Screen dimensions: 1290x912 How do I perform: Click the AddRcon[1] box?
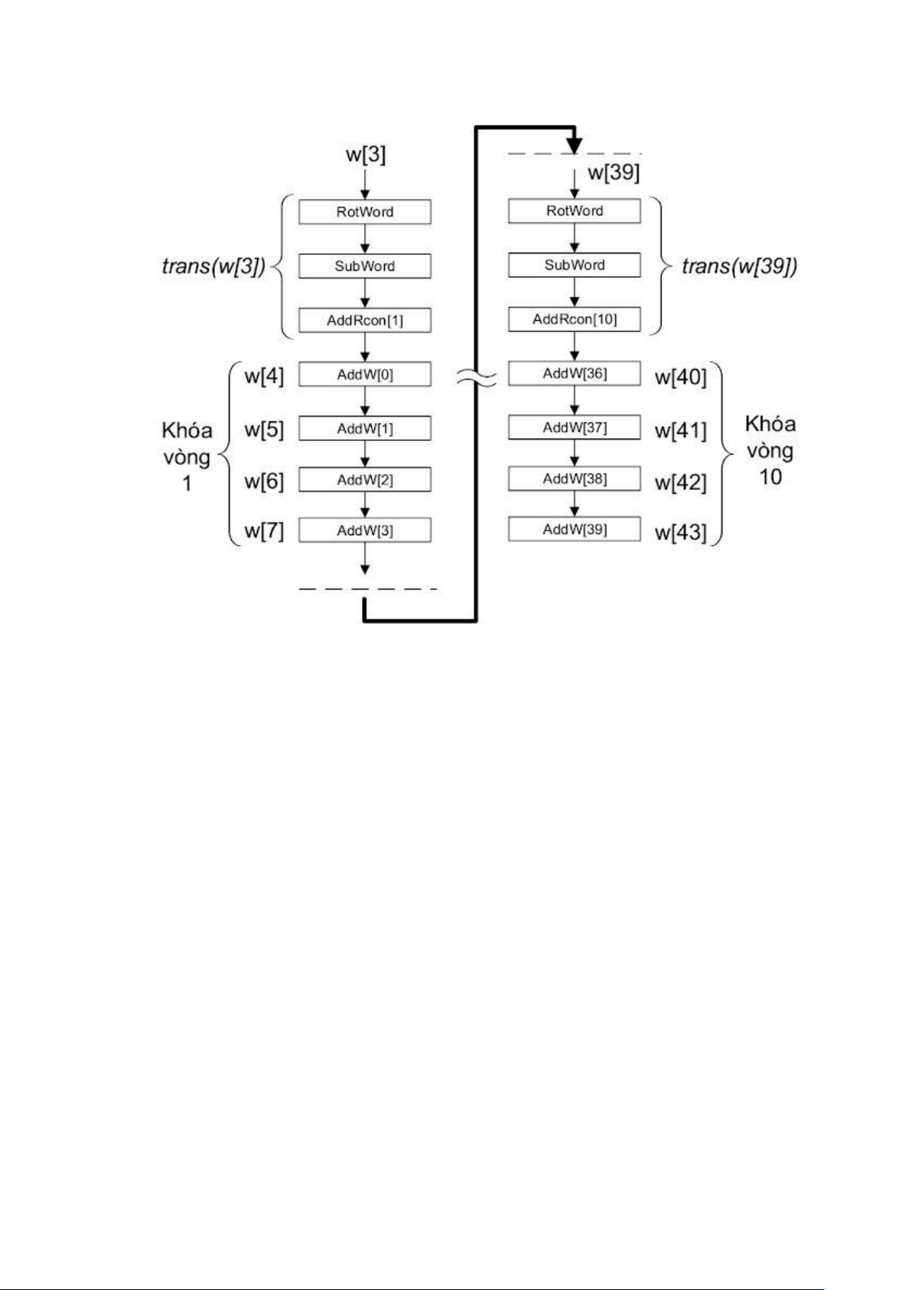[365, 320]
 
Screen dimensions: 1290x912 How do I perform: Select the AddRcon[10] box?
[575, 319]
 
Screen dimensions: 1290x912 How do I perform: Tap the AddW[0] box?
[365, 374]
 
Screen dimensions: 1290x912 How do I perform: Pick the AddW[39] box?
[575, 529]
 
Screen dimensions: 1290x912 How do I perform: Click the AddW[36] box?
[575, 374]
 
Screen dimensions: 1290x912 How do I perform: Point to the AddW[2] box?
[365, 480]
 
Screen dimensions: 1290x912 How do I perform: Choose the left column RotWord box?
[365, 212]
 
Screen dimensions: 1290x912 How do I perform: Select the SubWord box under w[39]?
[575, 265]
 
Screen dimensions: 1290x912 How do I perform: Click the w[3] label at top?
[366, 155]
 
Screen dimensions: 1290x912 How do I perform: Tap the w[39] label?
[614, 173]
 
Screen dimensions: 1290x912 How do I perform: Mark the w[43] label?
[680, 532]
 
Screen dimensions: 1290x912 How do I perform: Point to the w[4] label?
[264, 377]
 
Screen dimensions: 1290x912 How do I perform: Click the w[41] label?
[680, 430]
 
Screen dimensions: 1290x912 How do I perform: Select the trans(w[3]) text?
[213, 267]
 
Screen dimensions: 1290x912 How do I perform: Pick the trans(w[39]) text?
[739, 267]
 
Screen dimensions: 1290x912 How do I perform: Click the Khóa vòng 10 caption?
[770, 450]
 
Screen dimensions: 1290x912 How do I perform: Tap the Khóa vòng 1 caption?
[187, 457]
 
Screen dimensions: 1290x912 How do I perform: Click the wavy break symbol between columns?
[476, 376]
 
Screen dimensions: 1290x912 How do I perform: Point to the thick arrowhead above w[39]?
[574, 144]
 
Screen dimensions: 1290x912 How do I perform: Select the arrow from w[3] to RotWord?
[365, 184]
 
